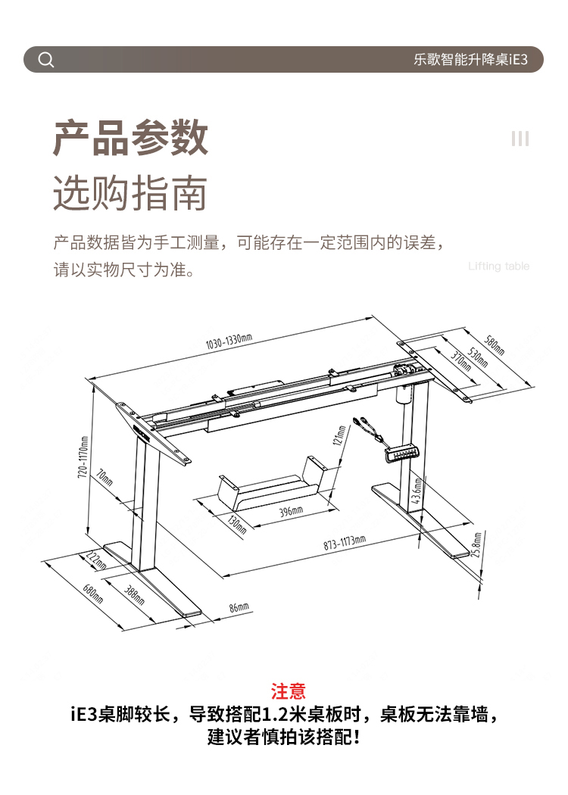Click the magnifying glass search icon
(x=46, y=60)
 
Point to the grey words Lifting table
(x=498, y=266)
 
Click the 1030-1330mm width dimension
(x=229, y=341)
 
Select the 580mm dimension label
(x=495, y=346)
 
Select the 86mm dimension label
(x=239, y=606)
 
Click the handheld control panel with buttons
(x=401, y=454)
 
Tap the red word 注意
(x=289, y=691)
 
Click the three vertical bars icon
(x=520, y=139)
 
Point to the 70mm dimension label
(x=104, y=478)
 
